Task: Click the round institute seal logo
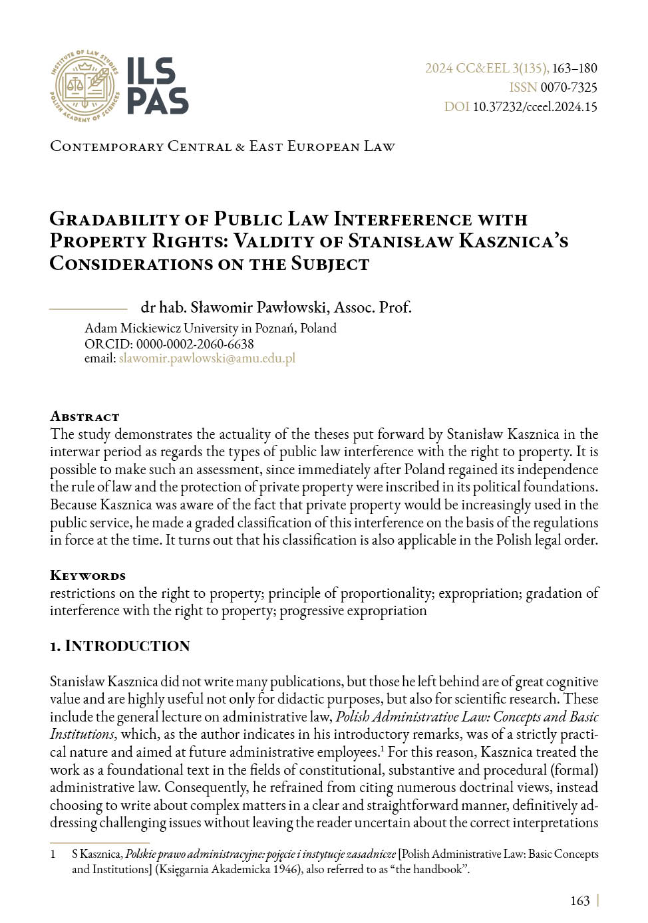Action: pos(84,86)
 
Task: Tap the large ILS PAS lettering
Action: pos(158,86)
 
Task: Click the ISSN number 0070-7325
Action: pos(569,87)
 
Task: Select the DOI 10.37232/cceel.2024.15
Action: pos(535,106)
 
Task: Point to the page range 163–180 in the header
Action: pos(575,68)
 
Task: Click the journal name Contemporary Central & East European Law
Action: pos(222,146)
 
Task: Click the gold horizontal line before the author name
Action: pos(88,309)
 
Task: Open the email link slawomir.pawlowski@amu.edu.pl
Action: pos(207,358)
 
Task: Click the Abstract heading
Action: pos(84,416)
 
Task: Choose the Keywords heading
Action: pos(88,575)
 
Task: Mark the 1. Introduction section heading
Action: pos(120,646)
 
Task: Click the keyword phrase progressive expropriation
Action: pos(353,610)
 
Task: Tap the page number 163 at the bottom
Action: pos(579,900)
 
